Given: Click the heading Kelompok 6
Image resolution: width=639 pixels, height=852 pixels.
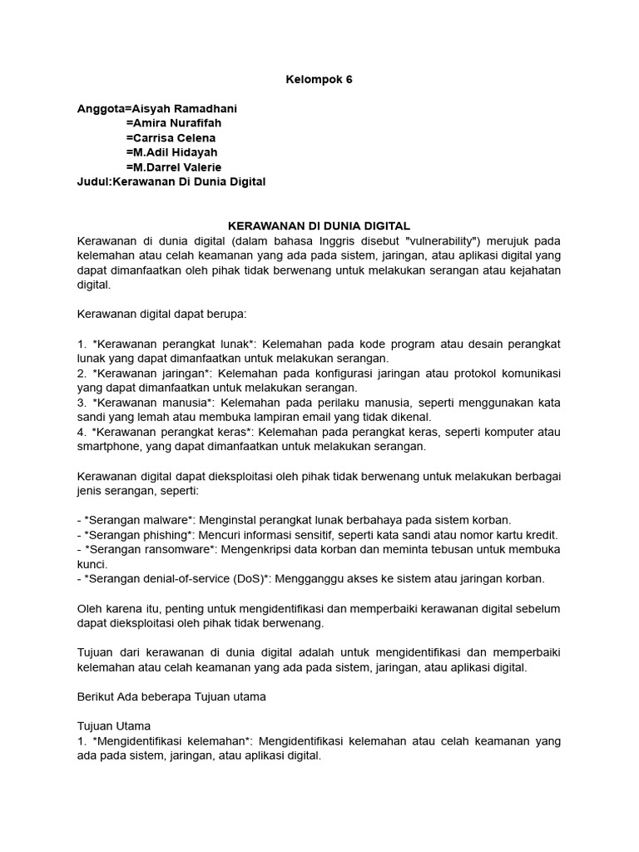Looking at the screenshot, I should click(319, 79).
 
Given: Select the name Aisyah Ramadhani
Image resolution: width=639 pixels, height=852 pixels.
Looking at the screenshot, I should click(190, 108).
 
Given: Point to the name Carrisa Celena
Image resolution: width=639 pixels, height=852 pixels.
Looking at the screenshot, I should click(174, 137).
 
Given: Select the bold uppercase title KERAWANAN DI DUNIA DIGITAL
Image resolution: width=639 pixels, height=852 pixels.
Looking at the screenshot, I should click(319, 225).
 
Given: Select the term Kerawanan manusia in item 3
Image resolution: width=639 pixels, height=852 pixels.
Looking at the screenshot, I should click(152, 403).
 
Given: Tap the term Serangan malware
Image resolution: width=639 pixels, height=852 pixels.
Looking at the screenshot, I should click(133, 520).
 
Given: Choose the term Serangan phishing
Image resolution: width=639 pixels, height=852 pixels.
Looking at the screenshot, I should click(136, 535).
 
